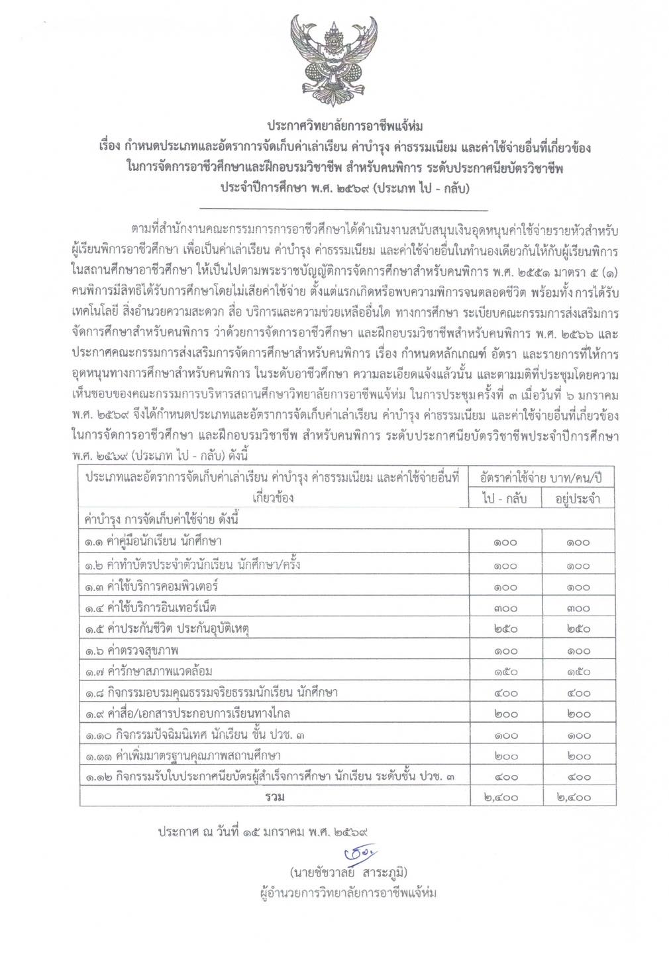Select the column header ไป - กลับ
505,498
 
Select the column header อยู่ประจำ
578,498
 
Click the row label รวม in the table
274,797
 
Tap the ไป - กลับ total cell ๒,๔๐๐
505,798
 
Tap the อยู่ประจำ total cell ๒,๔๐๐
578,798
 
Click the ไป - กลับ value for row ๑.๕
505,629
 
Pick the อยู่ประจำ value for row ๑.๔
578,608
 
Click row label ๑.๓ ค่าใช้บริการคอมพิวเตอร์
151,586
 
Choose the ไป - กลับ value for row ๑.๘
505,692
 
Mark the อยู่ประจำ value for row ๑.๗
578,671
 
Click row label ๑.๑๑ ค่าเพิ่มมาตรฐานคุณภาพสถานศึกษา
182,755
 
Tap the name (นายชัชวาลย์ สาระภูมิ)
348,872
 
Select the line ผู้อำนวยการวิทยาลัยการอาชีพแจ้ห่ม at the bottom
349,892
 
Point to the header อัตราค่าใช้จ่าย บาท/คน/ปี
541,477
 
